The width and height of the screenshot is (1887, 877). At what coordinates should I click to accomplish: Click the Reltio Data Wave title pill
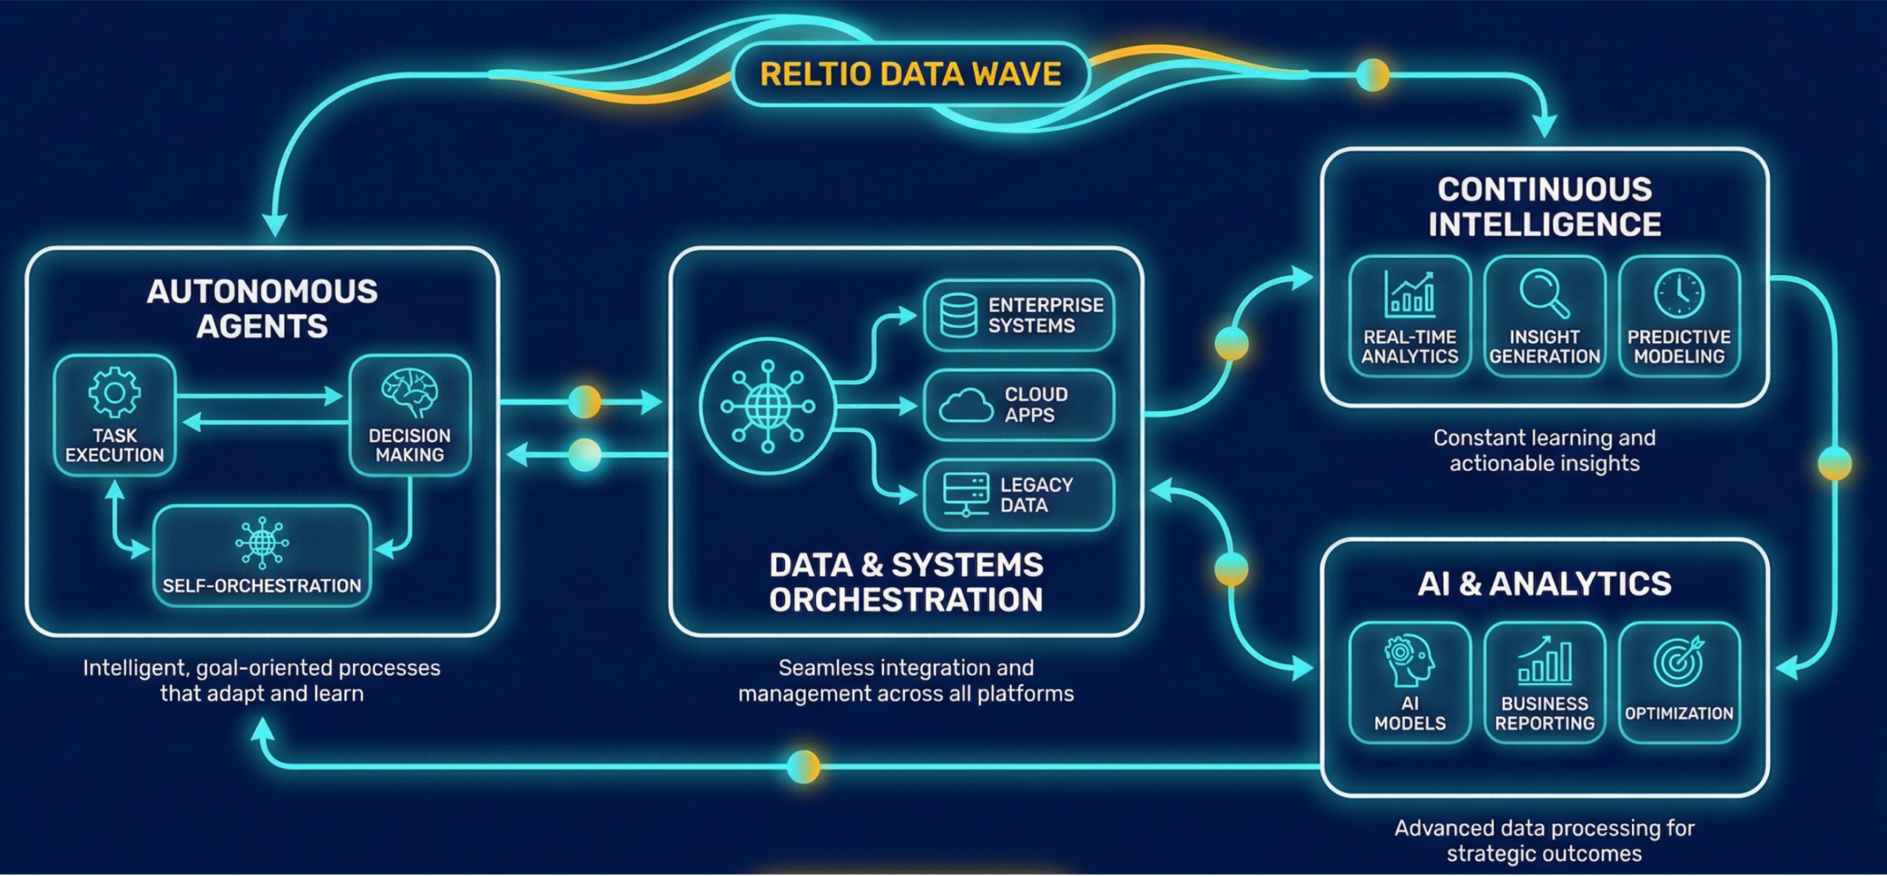(x=910, y=74)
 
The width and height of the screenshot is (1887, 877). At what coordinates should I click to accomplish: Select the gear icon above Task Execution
(x=114, y=392)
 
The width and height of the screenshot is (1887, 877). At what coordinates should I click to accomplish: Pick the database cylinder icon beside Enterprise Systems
(x=958, y=315)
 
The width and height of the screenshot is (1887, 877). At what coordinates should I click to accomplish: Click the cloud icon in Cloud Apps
(x=966, y=405)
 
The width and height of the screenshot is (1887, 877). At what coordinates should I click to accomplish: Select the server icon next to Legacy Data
(x=966, y=495)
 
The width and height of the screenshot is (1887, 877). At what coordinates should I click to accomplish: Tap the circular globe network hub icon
(x=767, y=406)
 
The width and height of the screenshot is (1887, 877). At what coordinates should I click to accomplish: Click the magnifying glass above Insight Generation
(x=1544, y=293)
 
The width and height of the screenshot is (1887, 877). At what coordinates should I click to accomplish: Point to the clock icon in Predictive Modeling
(x=1679, y=293)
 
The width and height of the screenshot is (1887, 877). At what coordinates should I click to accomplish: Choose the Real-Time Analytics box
(x=1409, y=317)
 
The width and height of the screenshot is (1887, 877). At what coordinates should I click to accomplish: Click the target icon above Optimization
(x=1679, y=661)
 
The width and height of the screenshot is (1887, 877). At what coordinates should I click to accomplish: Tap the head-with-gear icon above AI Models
(x=1409, y=660)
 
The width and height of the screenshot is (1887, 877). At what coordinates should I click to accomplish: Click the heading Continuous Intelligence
(x=1544, y=207)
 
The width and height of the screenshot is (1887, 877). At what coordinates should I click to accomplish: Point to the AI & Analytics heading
(x=1544, y=584)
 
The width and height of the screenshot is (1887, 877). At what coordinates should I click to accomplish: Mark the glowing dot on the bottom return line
(x=803, y=766)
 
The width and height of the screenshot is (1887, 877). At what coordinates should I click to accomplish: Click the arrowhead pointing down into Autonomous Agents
(x=275, y=225)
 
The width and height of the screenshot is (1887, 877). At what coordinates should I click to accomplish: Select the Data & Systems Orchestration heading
(x=906, y=582)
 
